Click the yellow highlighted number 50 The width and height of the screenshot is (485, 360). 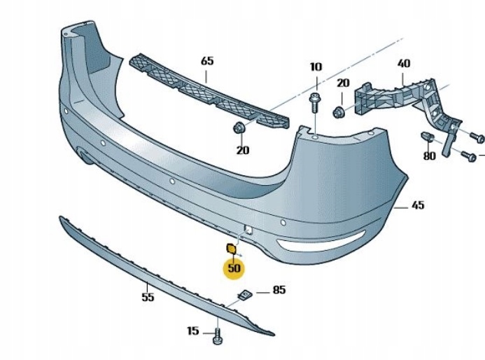(x=233, y=267)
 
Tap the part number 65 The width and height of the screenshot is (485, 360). (x=207, y=61)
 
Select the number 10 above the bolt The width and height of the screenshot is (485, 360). (x=315, y=67)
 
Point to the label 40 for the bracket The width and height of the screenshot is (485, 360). (x=404, y=63)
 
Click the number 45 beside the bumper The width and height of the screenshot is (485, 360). (x=418, y=205)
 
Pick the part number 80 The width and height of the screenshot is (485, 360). (x=429, y=156)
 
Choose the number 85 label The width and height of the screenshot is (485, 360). (x=279, y=289)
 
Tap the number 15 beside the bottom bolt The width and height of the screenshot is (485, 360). (x=193, y=331)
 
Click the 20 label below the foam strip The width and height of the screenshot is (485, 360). (x=242, y=149)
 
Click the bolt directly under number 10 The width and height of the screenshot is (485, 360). (x=314, y=103)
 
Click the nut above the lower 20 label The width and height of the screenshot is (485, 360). (x=239, y=127)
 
